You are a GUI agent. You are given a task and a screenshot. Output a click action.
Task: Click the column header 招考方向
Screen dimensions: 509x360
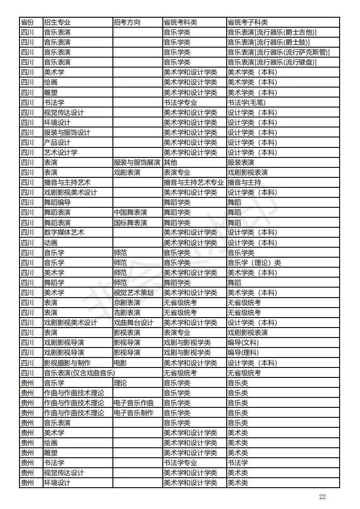[x=126, y=22]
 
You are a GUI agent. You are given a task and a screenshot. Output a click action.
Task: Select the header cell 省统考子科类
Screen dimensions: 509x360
[x=248, y=22]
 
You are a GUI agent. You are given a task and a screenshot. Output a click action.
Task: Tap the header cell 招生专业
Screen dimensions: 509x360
[x=57, y=22]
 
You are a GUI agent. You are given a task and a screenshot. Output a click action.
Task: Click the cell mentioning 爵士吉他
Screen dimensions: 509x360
[x=272, y=32]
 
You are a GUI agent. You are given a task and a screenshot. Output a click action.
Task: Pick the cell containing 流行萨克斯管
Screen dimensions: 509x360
[x=278, y=52]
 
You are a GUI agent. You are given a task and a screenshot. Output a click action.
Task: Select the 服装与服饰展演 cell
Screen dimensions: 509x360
[x=136, y=162]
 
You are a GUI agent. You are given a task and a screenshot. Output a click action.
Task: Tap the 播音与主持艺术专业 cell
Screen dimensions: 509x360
[x=194, y=182]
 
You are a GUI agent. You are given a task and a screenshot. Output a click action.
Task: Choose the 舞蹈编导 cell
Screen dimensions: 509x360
[x=57, y=202]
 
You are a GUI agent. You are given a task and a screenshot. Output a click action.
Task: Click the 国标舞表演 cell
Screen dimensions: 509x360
[x=130, y=222]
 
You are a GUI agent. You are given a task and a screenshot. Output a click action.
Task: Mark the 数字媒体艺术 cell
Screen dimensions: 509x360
[x=64, y=232]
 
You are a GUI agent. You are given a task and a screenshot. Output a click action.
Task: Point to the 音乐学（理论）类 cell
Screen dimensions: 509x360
[x=254, y=263]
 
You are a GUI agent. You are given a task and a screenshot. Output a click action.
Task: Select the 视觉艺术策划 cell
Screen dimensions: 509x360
[x=133, y=293]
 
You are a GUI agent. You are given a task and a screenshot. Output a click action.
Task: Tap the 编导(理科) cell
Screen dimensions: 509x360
[x=243, y=352]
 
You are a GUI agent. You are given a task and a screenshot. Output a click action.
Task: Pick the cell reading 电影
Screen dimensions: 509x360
[x=120, y=362]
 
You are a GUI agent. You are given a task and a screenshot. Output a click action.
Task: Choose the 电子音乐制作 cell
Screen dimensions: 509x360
[x=133, y=413]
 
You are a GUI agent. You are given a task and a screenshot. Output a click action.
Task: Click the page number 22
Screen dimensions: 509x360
[x=322, y=496]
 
